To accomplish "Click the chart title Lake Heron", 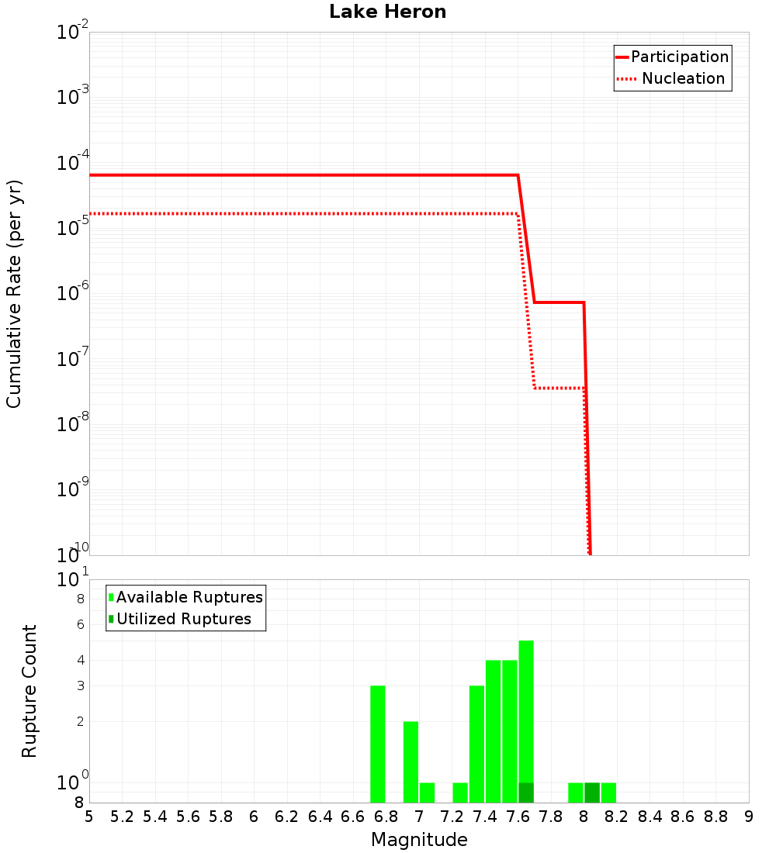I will click(387, 12).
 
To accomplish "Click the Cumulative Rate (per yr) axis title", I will click(14, 293).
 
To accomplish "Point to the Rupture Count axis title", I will click(29, 690).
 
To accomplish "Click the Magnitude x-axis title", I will click(419, 840).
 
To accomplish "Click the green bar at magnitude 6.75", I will click(378, 744).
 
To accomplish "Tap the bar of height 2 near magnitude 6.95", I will click(411, 762).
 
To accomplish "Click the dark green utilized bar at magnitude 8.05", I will click(592, 793).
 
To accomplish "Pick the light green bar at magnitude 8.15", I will click(608, 793).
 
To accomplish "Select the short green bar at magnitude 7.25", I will click(460, 793).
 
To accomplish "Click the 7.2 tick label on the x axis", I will click(452, 817).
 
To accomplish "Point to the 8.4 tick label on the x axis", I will click(650, 817).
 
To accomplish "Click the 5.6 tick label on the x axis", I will click(188, 817).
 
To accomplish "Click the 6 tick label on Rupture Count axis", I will click(80, 624).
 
